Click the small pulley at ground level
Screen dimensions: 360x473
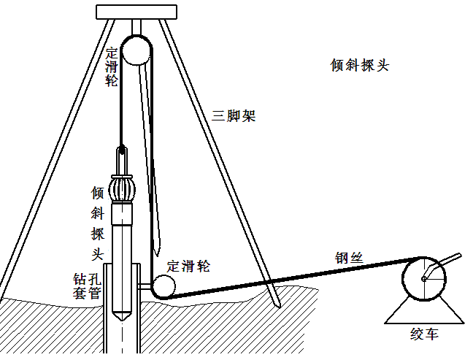pos(164,286)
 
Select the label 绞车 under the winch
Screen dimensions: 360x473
pos(425,335)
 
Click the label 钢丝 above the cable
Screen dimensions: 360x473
pos(349,256)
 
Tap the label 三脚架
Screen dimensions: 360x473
pos(234,115)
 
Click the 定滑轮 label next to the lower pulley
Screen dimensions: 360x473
pos(188,267)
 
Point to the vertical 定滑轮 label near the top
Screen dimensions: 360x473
pos(112,67)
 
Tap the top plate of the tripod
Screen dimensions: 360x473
pos(136,12)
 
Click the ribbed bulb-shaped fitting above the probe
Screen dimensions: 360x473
pos(122,188)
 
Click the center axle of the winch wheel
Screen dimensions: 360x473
pos(423,279)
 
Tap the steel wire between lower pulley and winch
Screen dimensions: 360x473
pos(292,276)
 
